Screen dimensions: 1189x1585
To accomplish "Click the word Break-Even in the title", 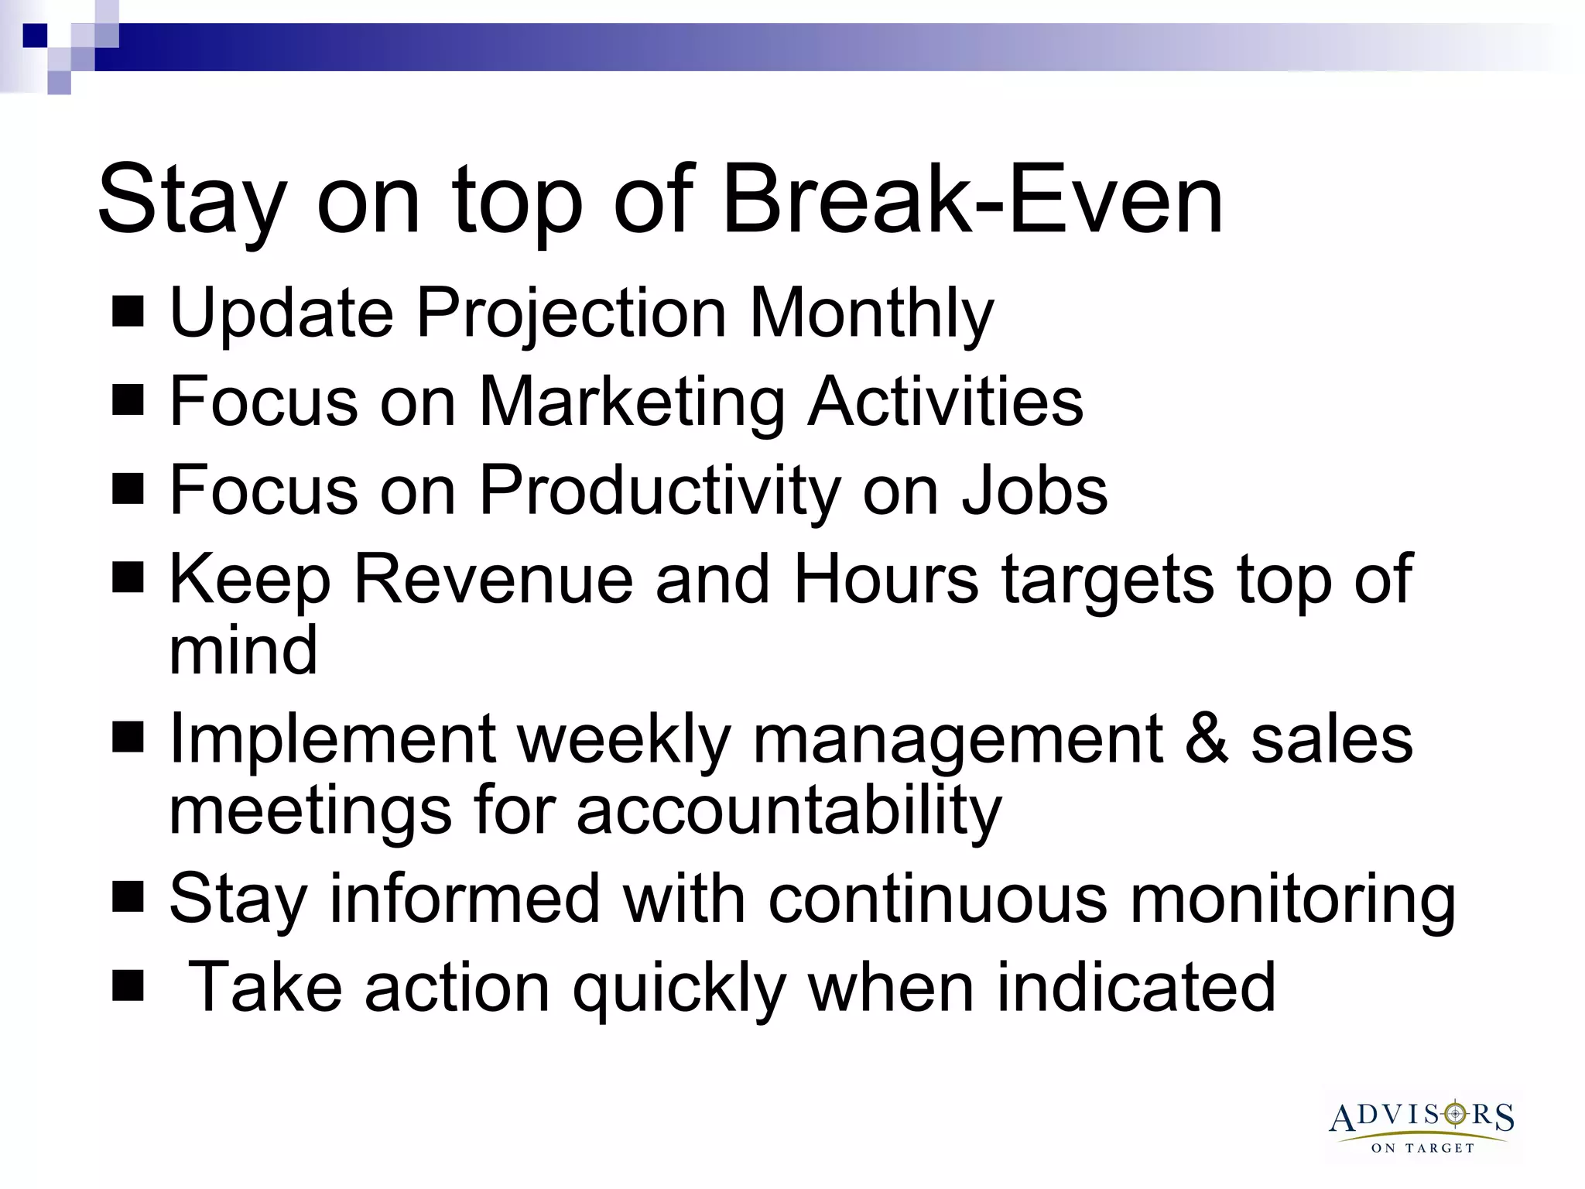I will [972, 200].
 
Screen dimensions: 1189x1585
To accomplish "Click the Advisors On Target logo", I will [1422, 1126].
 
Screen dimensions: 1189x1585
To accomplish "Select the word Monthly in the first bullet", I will [872, 314].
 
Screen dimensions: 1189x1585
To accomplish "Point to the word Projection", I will [572, 314].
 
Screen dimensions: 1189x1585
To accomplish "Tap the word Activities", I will [945, 402].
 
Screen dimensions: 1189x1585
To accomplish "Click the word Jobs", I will [1035, 491].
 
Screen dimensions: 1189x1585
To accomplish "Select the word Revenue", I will [493, 580].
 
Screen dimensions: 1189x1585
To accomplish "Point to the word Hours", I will [886, 580].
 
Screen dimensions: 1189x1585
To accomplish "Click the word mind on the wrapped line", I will [243, 651].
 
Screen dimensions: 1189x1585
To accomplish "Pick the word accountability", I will [789, 811].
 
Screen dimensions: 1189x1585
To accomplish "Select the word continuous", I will [938, 900].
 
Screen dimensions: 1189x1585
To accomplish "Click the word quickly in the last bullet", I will [679, 989].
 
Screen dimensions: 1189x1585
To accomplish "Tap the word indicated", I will [1135, 989].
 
